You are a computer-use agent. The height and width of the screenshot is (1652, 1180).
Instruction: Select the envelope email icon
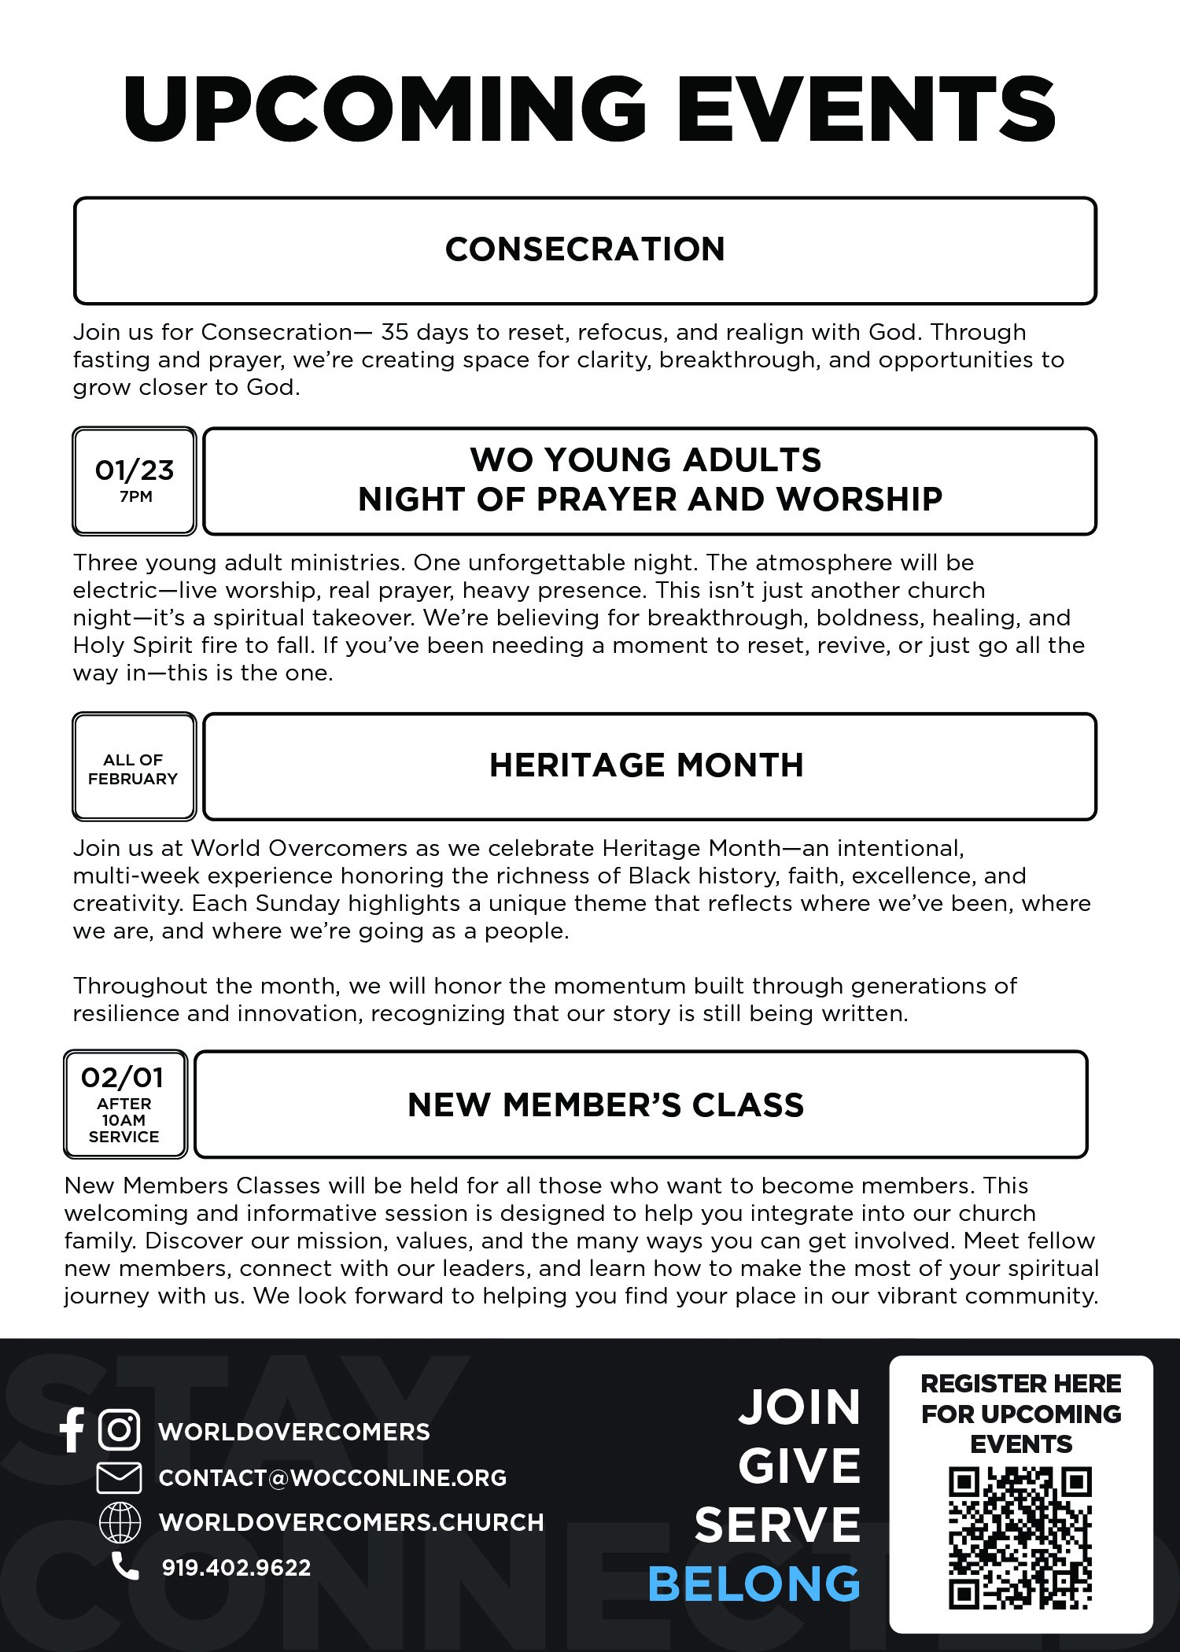coord(119,1477)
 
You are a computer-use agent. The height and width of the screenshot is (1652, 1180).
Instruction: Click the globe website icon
coord(120,1522)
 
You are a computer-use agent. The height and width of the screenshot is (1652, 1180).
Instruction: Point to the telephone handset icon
coord(124,1566)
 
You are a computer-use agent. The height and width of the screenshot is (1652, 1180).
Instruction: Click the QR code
coord(1020,1538)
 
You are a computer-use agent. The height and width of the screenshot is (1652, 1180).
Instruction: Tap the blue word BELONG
coord(754,1584)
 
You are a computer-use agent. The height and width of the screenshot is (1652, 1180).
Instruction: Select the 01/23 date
coord(135,470)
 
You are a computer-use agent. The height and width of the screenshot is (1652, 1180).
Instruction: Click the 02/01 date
coord(123,1077)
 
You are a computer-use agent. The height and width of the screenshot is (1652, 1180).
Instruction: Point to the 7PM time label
coord(136,496)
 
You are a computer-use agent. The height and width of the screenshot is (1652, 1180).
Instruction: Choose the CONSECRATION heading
coord(584,249)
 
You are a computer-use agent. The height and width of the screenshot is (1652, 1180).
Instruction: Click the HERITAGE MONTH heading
coord(646,765)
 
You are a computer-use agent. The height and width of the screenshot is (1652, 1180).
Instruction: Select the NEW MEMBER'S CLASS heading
coord(606,1105)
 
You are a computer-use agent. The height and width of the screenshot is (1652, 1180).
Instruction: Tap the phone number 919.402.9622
coord(236,1568)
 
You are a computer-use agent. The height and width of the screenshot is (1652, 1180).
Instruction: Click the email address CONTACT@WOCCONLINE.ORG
coord(332,1478)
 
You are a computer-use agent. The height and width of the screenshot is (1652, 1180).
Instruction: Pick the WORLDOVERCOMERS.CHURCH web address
coord(351,1522)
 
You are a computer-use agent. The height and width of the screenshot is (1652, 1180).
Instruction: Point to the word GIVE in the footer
coord(799,1466)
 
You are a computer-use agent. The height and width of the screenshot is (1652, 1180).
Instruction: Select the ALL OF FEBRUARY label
coord(133,769)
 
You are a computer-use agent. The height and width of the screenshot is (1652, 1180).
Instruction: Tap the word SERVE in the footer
coord(777,1525)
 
